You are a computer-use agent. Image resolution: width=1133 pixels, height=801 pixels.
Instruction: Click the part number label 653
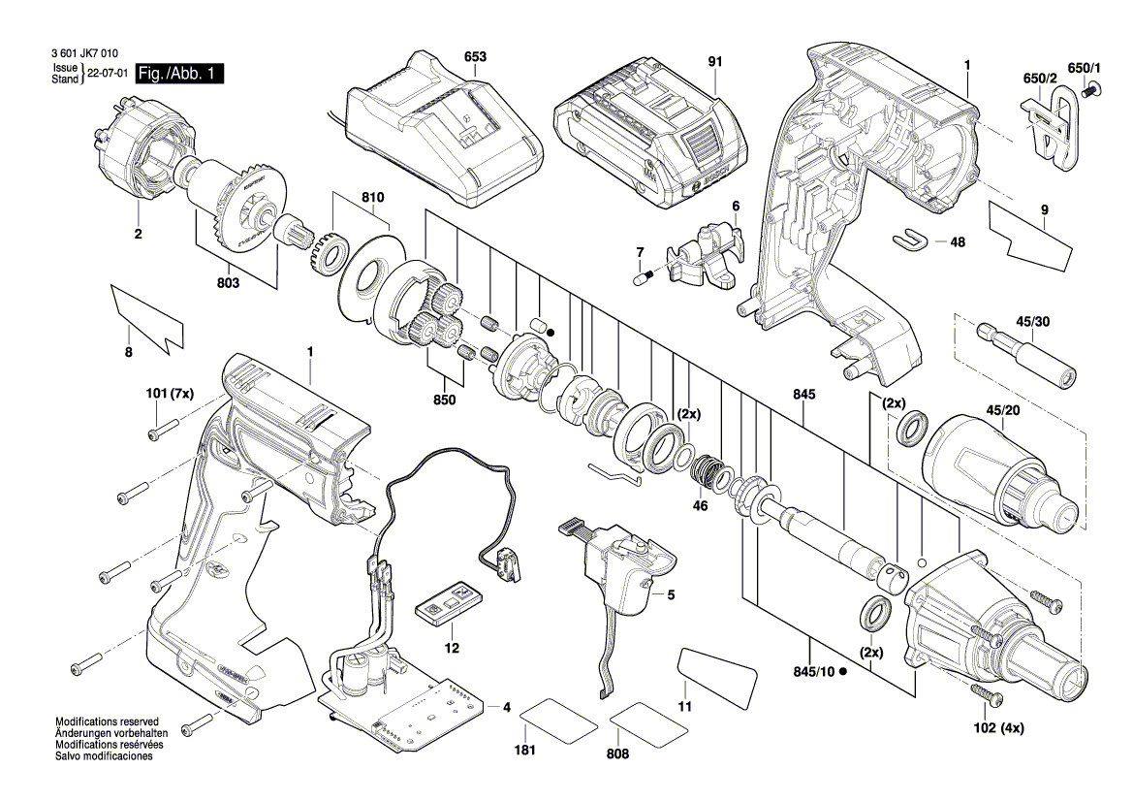point(475,58)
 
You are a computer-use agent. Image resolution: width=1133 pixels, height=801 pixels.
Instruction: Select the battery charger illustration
point(441,131)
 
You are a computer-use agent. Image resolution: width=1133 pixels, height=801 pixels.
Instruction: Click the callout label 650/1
point(1085,68)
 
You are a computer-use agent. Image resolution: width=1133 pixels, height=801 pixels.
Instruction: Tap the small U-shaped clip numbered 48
point(910,237)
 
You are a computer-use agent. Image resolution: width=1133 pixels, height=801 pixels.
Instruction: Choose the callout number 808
point(617,753)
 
